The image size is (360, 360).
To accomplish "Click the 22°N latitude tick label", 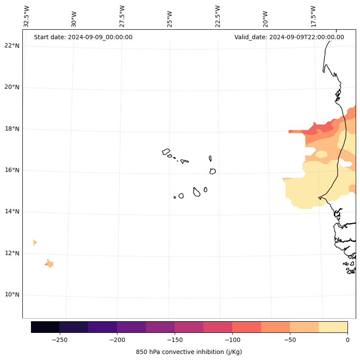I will tap(12, 46).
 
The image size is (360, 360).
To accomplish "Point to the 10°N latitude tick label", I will tap(12, 295).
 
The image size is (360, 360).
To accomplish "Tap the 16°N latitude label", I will tap(12, 170).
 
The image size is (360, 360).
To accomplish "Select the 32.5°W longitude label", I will tap(27, 16).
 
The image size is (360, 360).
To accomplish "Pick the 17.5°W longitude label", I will tap(314, 16).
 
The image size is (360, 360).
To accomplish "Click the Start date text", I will tap(83, 37).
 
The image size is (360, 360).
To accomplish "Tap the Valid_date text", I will tap(289, 37).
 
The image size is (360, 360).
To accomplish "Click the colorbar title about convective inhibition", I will tap(189, 352).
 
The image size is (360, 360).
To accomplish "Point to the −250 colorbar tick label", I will tap(59, 340).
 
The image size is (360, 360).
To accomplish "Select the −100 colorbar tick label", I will tap(232, 340).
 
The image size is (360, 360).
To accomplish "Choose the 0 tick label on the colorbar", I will tap(348, 340).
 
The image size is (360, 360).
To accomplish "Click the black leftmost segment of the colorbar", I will tap(45, 327).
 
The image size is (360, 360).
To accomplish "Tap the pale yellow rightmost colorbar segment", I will tap(333, 327).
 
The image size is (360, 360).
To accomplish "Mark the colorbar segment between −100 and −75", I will tap(246, 327).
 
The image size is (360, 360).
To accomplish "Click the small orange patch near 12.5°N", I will tap(35, 242).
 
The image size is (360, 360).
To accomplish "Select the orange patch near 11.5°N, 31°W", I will tap(50, 263).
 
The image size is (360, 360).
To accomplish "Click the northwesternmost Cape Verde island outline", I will tap(166, 151).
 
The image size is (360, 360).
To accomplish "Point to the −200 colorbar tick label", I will tap(117, 340).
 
